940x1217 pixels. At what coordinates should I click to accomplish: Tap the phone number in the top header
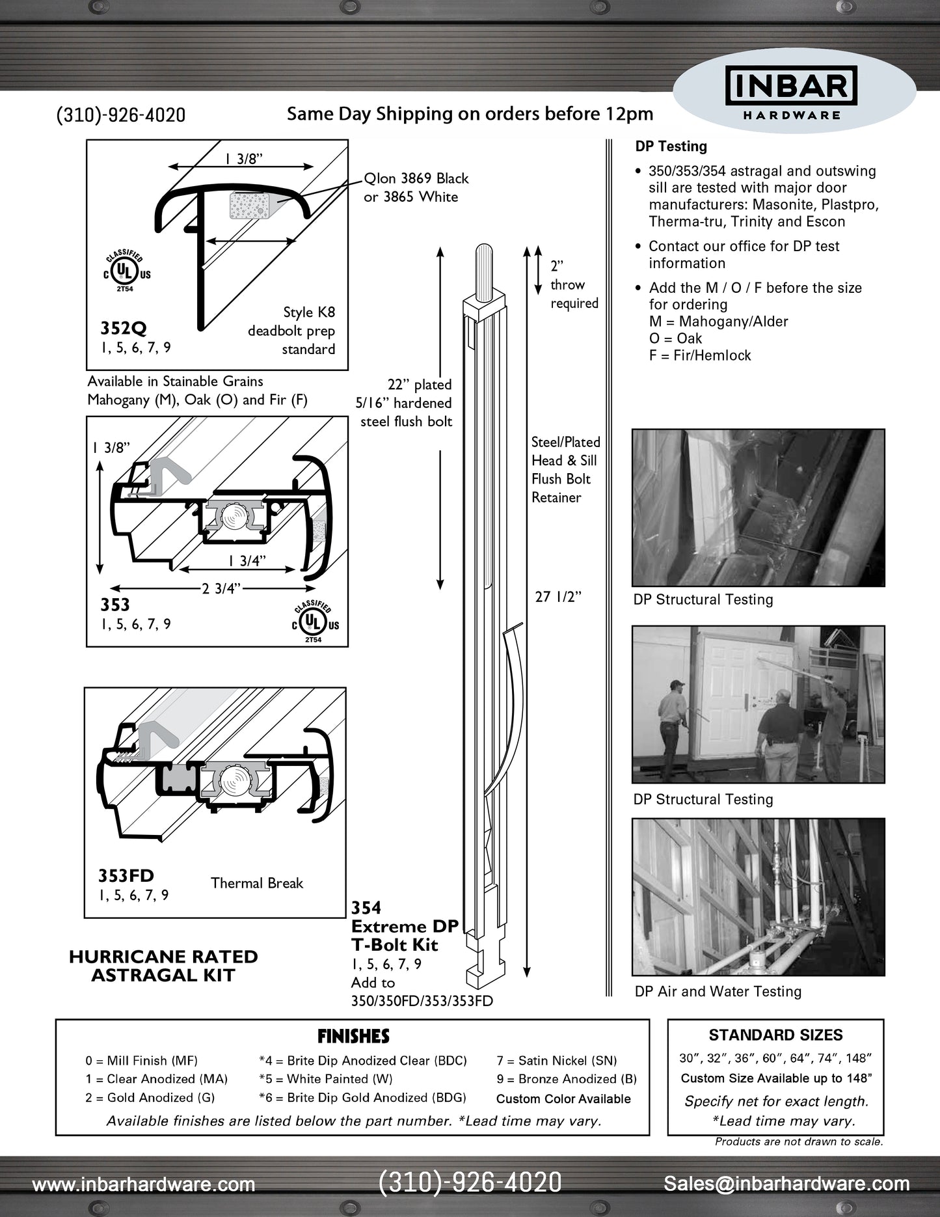[x=121, y=115]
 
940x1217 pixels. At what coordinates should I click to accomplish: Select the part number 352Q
[x=123, y=327]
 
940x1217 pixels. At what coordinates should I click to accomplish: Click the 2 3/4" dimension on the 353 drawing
[x=222, y=589]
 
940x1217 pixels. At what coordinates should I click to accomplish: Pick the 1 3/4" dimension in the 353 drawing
[x=247, y=561]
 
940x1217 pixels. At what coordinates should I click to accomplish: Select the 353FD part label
[x=126, y=875]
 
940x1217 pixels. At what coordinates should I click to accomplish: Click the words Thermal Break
[x=257, y=883]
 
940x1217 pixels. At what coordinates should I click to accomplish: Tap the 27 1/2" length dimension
[x=557, y=597]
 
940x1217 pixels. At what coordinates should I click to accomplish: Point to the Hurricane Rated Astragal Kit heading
[x=163, y=966]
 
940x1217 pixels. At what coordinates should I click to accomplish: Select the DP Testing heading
[x=671, y=146]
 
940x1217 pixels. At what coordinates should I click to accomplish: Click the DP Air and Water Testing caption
[x=718, y=991]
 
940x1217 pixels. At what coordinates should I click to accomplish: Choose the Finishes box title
[x=353, y=1036]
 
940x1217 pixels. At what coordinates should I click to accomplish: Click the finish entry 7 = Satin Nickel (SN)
[x=557, y=1061]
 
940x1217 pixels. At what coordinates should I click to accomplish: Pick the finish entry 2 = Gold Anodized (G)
[x=150, y=1097]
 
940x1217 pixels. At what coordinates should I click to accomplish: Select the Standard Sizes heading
[x=775, y=1035]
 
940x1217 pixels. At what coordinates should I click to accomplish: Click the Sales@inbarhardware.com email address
[x=786, y=1184]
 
